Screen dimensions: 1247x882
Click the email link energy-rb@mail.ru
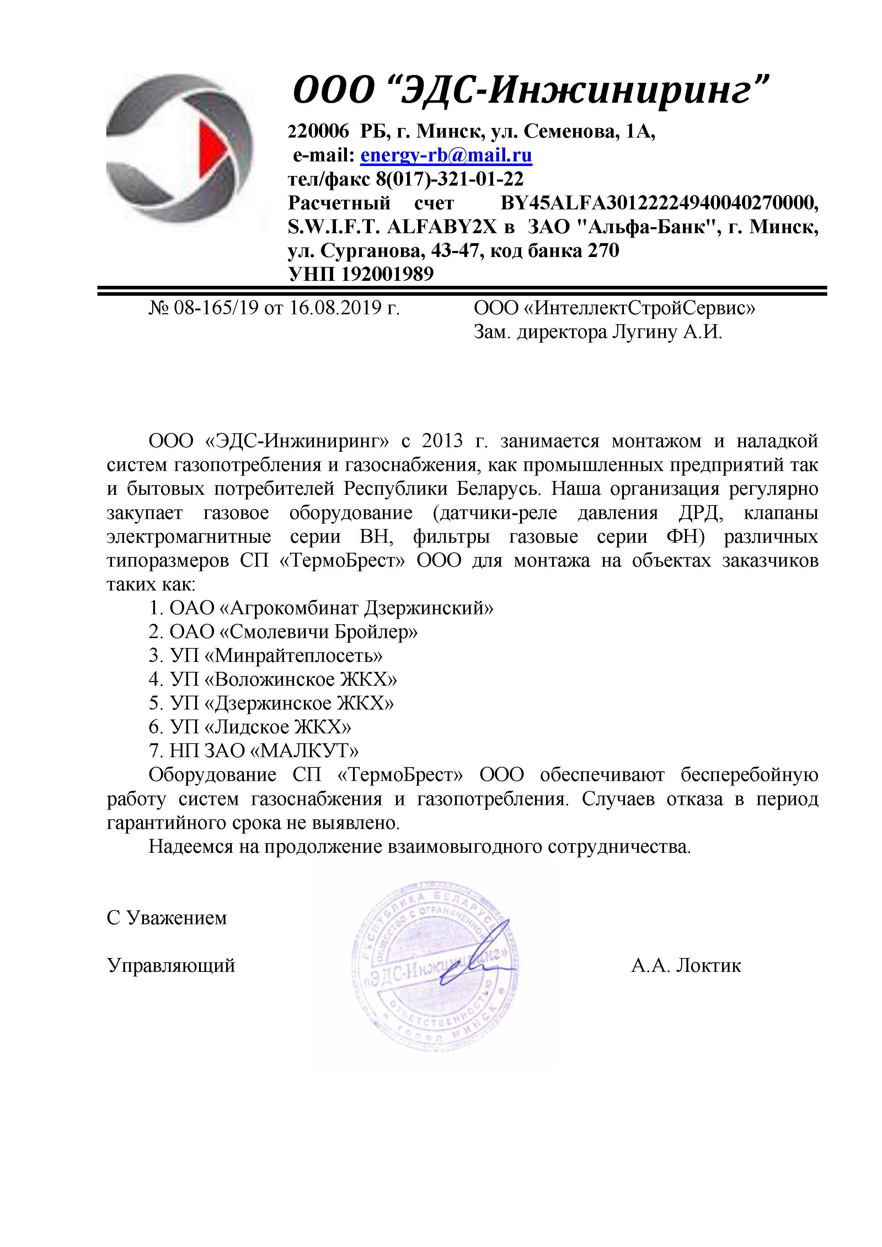point(446,155)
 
